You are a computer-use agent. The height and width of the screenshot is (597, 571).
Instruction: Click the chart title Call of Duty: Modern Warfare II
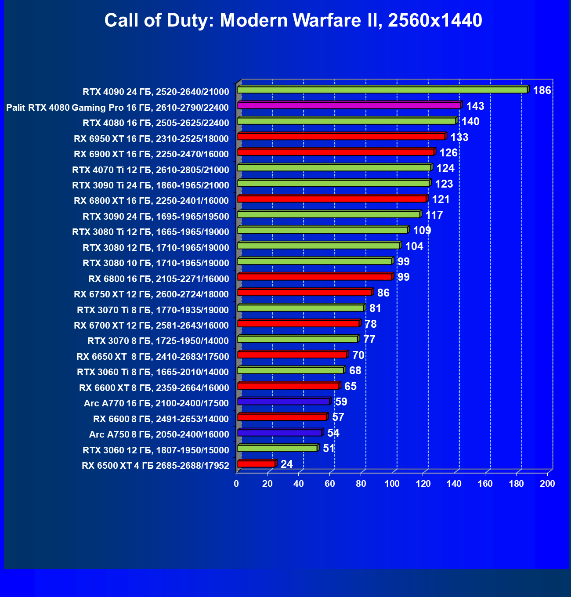click(x=293, y=20)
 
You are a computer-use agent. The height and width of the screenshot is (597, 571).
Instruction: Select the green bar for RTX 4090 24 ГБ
click(x=382, y=90)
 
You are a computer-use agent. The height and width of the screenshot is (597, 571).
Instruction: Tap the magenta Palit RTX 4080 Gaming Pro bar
click(x=349, y=105)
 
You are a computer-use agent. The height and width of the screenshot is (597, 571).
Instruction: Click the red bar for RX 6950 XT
click(x=341, y=137)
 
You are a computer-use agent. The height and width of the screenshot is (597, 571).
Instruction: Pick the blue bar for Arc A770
click(x=283, y=402)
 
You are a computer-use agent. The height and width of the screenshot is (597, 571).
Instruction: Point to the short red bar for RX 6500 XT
click(x=256, y=464)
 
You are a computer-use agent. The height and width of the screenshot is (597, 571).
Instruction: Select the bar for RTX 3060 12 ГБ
click(x=277, y=448)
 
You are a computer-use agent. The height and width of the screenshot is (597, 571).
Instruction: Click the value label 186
click(x=542, y=90)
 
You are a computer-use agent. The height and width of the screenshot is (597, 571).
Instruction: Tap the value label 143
click(x=475, y=106)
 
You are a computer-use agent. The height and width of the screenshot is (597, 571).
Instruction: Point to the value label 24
click(x=286, y=464)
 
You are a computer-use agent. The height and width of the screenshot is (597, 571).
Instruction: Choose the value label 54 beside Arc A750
click(x=333, y=433)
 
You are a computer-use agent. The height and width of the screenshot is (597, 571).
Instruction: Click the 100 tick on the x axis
click(x=392, y=484)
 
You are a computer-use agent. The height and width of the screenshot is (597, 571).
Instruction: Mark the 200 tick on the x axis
click(x=547, y=484)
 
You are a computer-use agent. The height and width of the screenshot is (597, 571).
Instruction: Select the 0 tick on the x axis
click(x=236, y=484)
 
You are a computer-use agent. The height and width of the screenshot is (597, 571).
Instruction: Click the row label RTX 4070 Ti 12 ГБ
click(x=151, y=170)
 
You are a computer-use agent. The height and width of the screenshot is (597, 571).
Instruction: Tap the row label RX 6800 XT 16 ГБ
click(x=151, y=201)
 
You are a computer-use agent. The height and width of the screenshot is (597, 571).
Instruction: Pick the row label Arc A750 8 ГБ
click(x=159, y=434)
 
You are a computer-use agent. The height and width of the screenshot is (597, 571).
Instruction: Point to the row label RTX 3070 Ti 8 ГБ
click(x=153, y=310)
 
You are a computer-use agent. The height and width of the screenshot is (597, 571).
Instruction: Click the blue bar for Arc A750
click(x=279, y=433)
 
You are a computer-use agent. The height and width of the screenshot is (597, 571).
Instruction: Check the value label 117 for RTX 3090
click(x=434, y=215)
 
